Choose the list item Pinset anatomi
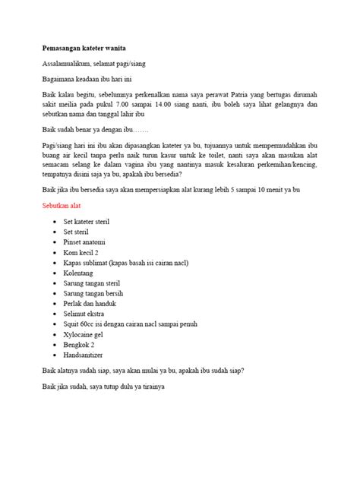click(86, 242)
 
